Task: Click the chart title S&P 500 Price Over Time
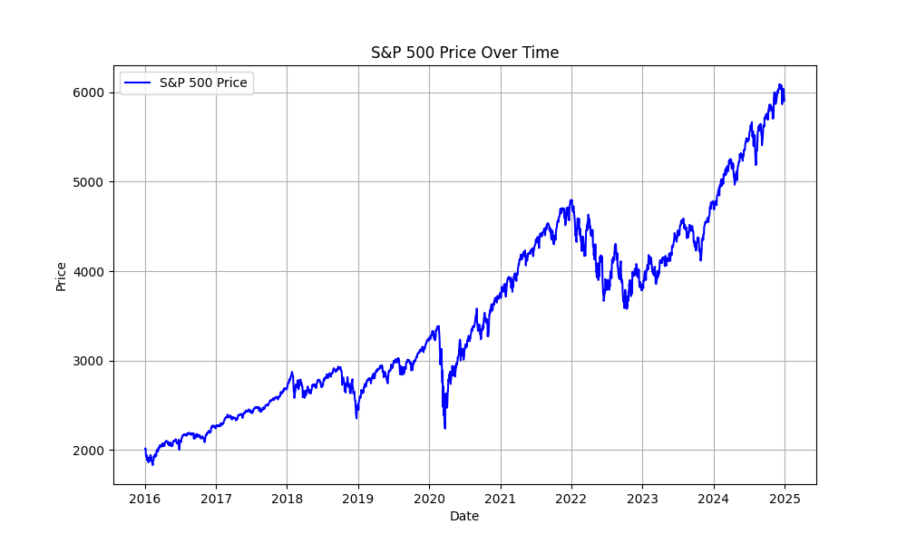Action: click(x=464, y=53)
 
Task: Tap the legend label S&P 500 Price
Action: click(x=203, y=83)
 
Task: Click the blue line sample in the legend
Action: click(x=139, y=83)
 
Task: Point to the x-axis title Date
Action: click(x=464, y=517)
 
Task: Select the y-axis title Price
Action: click(x=62, y=276)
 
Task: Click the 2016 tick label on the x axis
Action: click(x=145, y=498)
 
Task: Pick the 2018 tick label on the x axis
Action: click(x=287, y=498)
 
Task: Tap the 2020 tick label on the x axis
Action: click(x=429, y=498)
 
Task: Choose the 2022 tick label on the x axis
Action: click(x=571, y=498)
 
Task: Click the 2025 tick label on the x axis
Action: click(x=785, y=498)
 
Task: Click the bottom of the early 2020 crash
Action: click(x=444, y=428)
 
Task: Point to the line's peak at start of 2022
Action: click(x=571, y=200)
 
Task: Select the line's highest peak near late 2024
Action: click(x=779, y=85)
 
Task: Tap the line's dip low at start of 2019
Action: click(x=356, y=417)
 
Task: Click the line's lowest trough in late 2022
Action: click(x=626, y=308)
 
